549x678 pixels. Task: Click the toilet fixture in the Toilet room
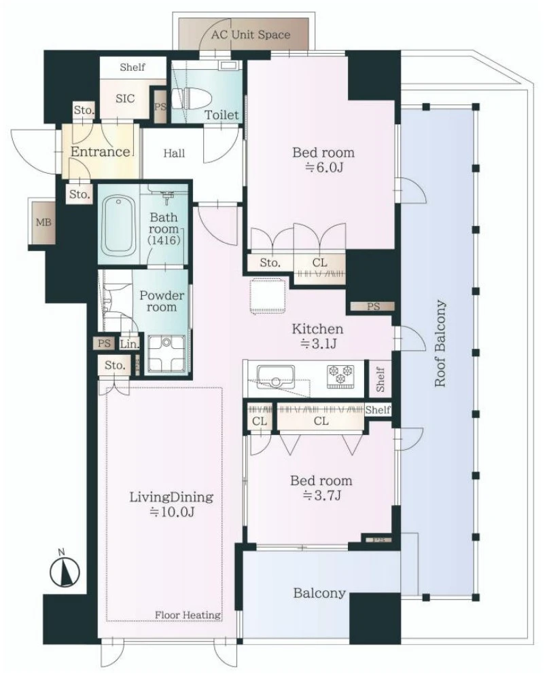pos(190,98)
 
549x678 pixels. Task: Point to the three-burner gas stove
pos(340,375)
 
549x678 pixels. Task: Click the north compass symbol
pos(65,570)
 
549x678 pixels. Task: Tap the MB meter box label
pos(43,222)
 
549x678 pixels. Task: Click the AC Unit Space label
pos(251,35)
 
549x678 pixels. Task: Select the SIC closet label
pos(125,98)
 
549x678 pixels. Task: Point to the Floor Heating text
pos(188,614)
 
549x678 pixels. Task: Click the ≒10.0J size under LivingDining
pos(171,512)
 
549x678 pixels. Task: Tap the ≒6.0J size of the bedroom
pos(323,167)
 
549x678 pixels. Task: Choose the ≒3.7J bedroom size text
pos(321,495)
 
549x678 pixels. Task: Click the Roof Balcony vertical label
pos(440,343)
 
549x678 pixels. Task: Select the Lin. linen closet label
pos(130,344)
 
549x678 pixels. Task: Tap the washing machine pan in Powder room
pos(166,354)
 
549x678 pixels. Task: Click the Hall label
pos(174,153)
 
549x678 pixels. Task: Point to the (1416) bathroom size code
pos(164,240)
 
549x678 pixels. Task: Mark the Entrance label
pos(100,152)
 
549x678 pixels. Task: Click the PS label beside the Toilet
pos(160,107)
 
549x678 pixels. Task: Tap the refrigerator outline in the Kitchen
pos(268,296)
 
